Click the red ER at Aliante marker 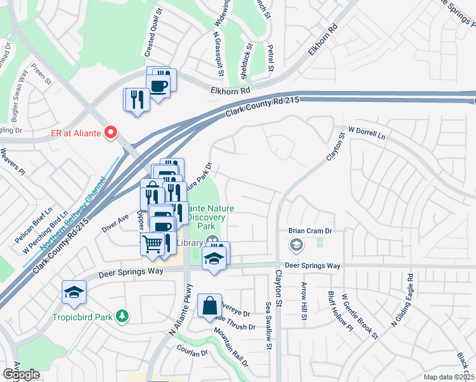[111, 132]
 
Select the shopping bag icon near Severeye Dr [209, 306]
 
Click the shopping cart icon [153, 243]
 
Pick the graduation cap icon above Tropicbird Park [74, 292]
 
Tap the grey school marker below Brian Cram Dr [296, 244]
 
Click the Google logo [21, 374]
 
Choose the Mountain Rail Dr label [231, 349]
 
